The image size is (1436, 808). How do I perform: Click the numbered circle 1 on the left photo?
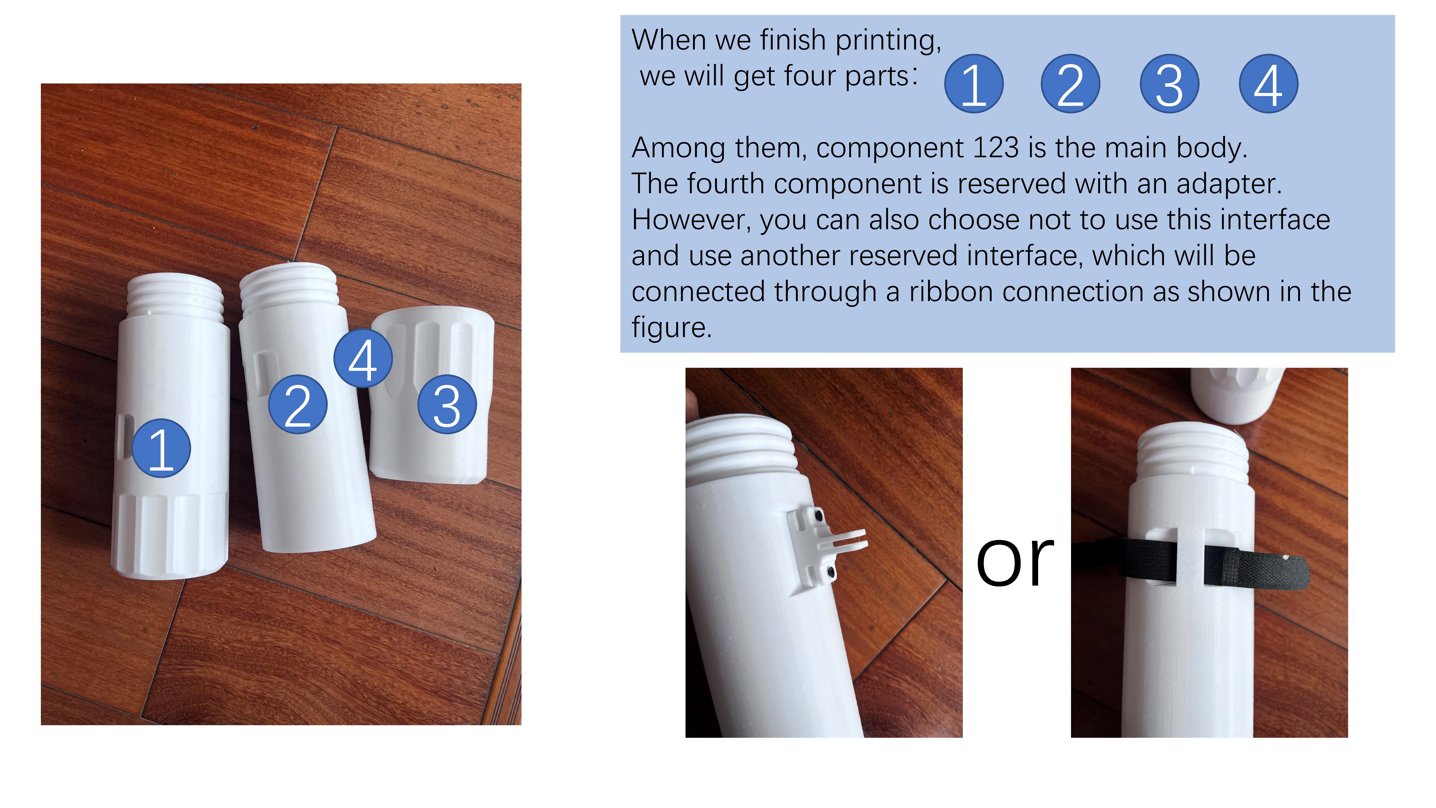[161, 448]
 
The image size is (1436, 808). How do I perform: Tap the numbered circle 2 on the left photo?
[298, 404]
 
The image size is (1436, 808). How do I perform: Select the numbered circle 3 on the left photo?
[447, 404]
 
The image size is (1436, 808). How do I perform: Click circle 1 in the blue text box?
[974, 84]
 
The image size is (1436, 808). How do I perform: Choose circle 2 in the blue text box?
[1070, 84]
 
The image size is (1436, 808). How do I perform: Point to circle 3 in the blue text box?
[1170, 84]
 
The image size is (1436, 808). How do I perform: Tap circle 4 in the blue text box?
[1269, 84]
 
